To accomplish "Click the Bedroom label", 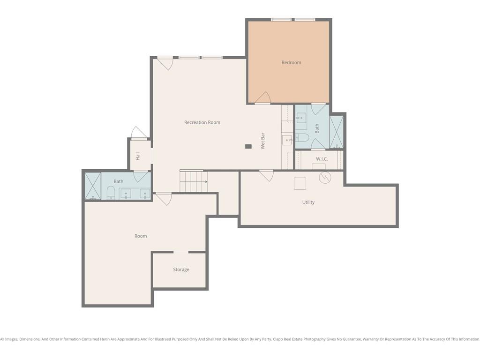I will (291, 62).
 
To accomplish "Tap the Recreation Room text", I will (202, 122).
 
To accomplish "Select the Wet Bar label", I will (263, 141).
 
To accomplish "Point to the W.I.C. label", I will (322, 159).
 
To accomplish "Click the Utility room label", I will (308, 202).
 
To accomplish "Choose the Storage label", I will (181, 270).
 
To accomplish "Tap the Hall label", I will (138, 156).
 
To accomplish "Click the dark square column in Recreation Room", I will (248, 146).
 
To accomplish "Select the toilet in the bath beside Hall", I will (111, 192).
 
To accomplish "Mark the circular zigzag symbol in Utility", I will (325, 177).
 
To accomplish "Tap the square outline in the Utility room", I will (300, 183).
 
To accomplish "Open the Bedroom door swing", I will (263, 97).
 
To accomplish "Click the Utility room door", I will (266, 175).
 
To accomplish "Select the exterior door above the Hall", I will (139, 133).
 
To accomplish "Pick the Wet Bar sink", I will (286, 139).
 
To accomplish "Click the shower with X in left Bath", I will (92, 186).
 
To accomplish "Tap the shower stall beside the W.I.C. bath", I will (337, 132).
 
